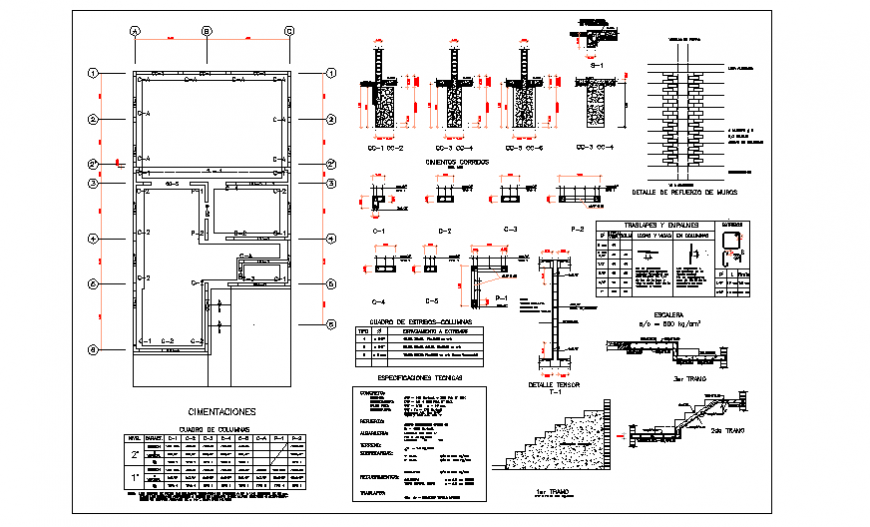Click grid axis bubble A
point(133,31)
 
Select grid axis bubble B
point(207,31)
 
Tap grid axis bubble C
point(289,31)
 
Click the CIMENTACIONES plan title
point(221,412)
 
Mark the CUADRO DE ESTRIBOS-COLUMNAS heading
point(414,319)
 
